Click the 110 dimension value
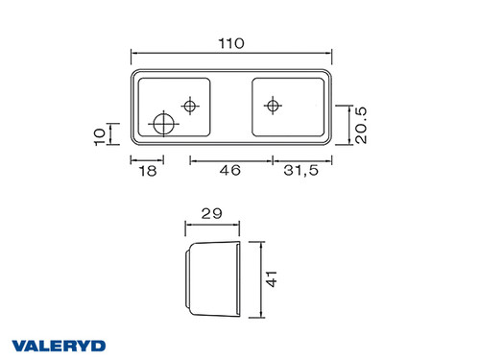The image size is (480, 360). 231,43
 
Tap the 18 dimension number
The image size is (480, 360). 148,171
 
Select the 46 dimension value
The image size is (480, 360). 230,170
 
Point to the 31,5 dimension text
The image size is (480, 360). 301,170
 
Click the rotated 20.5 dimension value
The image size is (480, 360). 361,125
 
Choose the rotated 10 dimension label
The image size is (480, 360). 100,137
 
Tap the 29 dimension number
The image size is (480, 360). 211,213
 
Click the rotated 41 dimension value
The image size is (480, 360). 272,278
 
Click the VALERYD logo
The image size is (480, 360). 59,346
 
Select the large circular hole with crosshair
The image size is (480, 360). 164,124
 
